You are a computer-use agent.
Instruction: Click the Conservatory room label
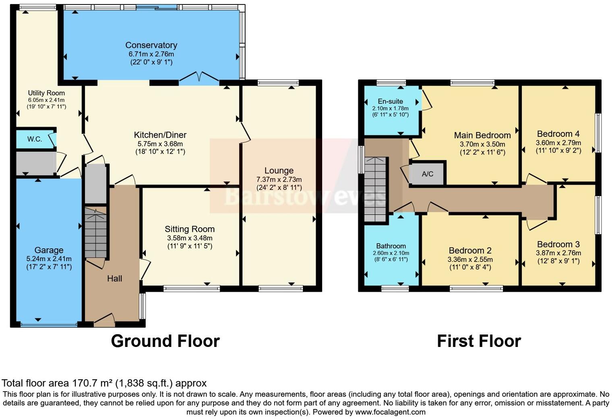[151, 45]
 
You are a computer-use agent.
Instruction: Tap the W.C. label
[35, 139]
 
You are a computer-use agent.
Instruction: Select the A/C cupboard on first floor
[427, 174]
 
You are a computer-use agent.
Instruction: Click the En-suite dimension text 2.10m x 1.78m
[390, 108]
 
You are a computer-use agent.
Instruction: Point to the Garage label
[49, 250]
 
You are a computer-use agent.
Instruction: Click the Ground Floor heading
[165, 341]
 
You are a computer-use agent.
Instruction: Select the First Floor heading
[479, 341]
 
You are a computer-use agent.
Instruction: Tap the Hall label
[114, 279]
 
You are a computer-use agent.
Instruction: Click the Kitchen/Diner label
[160, 135]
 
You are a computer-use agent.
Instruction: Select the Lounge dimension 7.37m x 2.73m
[279, 180]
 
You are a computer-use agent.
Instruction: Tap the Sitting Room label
[190, 229]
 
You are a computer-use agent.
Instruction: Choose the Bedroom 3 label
[558, 244]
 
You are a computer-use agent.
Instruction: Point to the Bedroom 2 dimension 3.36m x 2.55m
[470, 260]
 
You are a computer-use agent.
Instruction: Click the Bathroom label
[391, 246]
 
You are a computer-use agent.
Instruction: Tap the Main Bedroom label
[482, 135]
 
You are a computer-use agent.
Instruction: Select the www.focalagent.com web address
[390, 412]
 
